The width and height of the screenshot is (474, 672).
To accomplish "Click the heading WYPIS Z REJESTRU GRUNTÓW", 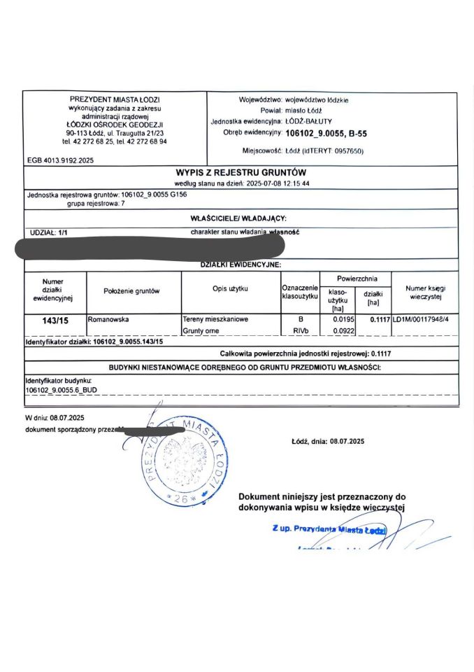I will [x=240, y=173].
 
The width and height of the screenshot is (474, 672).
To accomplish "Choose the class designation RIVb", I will [x=300, y=330].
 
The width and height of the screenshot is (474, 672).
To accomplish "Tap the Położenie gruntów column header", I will [x=132, y=290].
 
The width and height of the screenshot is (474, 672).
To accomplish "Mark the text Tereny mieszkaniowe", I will [x=215, y=319].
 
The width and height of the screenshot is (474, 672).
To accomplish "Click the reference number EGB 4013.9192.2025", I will [x=60, y=160].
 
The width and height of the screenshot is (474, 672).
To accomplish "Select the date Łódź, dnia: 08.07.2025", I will [x=328, y=442].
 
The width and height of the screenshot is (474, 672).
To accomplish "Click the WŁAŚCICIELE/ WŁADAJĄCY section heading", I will [x=238, y=219].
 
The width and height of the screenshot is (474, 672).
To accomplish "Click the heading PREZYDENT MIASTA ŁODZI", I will [x=115, y=99].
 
